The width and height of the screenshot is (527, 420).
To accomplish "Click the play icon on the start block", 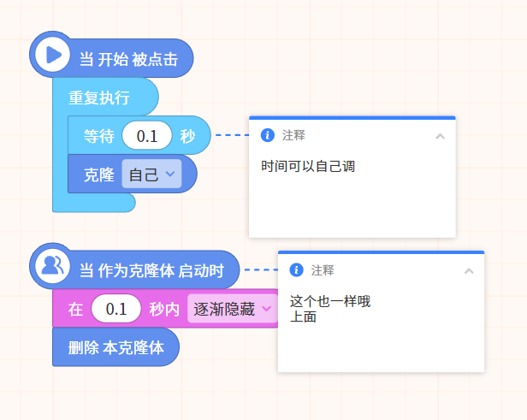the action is click(53, 55).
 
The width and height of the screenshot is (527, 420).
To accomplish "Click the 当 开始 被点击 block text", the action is click(128, 60).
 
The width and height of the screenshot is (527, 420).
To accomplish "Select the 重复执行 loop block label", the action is click(99, 98).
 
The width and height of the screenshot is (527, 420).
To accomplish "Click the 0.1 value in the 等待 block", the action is click(147, 136).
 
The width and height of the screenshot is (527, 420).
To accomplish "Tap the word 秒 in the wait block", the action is click(187, 136).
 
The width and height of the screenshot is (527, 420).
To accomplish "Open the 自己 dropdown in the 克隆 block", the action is click(151, 174).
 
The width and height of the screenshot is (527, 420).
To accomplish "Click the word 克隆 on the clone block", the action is click(99, 175).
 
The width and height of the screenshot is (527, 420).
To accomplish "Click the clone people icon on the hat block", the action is click(52, 266).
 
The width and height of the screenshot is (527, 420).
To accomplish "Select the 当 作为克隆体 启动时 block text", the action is click(151, 270).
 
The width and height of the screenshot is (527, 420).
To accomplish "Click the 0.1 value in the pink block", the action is click(116, 309).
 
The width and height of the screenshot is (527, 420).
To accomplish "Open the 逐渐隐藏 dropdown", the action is click(232, 309).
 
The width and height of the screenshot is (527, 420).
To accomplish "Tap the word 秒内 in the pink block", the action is click(164, 309).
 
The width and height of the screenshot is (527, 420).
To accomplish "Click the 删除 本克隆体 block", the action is click(116, 347).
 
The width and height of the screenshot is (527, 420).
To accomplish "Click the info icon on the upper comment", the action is click(268, 135).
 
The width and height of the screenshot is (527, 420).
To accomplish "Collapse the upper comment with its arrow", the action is click(441, 136).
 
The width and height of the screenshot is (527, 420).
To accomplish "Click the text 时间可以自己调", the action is click(308, 166).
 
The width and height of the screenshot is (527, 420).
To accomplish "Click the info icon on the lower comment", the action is click(296, 269).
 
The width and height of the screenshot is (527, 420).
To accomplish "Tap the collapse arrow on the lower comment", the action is click(469, 271).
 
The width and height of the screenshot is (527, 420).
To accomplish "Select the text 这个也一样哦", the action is click(330, 301).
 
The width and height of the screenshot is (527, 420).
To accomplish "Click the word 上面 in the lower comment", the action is click(303, 316).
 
